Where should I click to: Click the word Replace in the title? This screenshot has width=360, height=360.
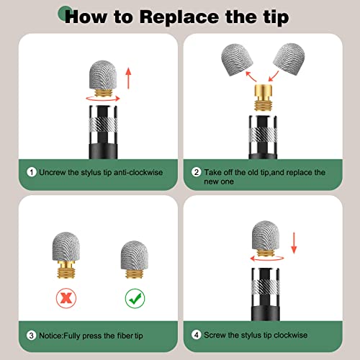180,17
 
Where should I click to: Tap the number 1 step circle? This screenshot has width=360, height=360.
32,172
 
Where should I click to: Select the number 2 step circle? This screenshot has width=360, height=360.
197,172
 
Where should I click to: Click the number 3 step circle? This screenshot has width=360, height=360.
32,336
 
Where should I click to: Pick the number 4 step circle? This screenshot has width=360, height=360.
197,335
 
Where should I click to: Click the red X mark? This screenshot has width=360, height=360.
66,298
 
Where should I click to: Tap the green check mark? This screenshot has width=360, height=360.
135,298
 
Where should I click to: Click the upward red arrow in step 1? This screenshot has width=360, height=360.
129,78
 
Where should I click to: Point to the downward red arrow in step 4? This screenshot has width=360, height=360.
294,243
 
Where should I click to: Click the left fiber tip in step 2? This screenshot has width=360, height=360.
237,60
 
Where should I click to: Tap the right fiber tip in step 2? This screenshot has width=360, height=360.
289,59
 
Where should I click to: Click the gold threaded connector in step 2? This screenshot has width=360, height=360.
263,97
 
